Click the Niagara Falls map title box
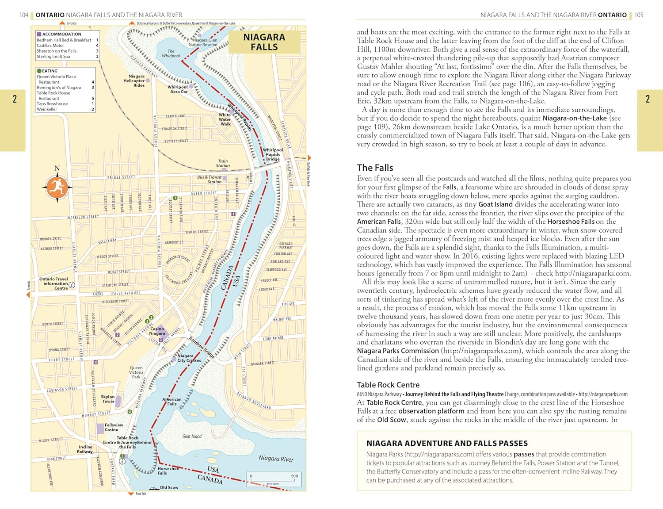pyautogui.click(x=264, y=42)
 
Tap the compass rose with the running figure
pyautogui.click(x=57, y=187)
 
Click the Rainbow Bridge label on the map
pyautogui.click(x=202, y=347)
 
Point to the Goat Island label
pyautogui.click(x=192, y=436)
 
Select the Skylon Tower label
pyautogui.click(x=108, y=399)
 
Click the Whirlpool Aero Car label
pyautogui.click(x=179, y=89)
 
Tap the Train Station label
pyautogui.click(x=223, y=164)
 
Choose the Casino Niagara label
pyautogui.click(x=157, y=331)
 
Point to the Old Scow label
pyautogui.click(x=169, y=487)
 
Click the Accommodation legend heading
pyautogui.click(x=61, y=34)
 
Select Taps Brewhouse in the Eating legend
pyautogui.click(x=52, y=104)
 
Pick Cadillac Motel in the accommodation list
pyautogui.click(x=50, y=46)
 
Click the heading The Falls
pyautogui.click(x=375, y=168)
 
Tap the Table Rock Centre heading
pyautogui.click(x=388, y=385)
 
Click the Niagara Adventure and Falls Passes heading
pyautogui.click(x=447, y=443)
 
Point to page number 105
pyautogui.click(x=639, y=15)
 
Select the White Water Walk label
pyautogui.click(x=225, y=119)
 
